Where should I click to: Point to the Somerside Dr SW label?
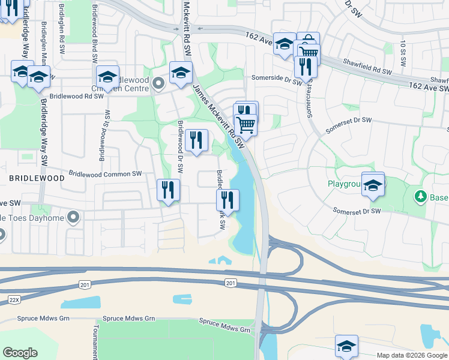click(x=276, y=77)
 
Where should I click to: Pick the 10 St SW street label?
click(x=403, y=53)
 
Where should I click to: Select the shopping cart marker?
click(x=246, y=125)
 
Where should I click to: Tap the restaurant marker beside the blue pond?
click(x=228, y=199)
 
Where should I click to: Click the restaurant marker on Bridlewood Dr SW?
click(x=196, y=141)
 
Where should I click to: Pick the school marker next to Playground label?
click(x=373, y=185)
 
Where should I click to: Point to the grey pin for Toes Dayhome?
click(x=73, y=217)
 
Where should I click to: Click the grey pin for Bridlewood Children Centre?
click(x=158, y=83)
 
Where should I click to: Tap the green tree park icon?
click(x=421, y=196)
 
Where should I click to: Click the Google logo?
click(x=20, y=353)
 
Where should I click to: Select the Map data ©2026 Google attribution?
click(x=411, y=355)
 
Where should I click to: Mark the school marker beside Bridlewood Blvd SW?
click(x=108, y=77)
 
